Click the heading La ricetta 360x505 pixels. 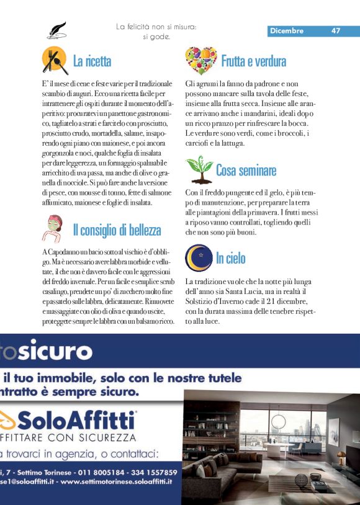[x=92, y=61]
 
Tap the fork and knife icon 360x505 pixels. [x=55, y=60]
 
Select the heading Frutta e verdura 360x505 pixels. [x=253, y=61]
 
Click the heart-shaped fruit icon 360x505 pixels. [x=200, y=60]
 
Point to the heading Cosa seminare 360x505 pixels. [x=246, y=170]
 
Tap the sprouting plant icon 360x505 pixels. [x=199, y=169]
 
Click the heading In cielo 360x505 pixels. [x=230, y=258]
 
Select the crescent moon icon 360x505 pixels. [x=199, y=258]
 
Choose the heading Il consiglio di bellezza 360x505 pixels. [x=117, y=230]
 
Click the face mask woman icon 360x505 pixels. [x=55, y=228]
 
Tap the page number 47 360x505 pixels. [x=336, y=31]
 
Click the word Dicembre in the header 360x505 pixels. [x=287, y=31]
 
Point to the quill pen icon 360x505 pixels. [x=56, y=29]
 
